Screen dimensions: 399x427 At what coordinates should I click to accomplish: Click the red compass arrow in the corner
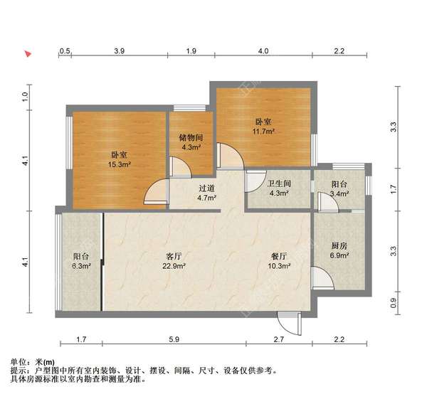[28, 53]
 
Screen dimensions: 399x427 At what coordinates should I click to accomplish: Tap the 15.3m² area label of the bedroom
[119, 164]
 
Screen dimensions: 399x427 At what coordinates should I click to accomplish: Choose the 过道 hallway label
[206, 188]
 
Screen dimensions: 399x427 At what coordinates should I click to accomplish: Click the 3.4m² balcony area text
[339, 192]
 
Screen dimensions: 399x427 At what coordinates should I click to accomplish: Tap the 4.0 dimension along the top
[263, 51]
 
